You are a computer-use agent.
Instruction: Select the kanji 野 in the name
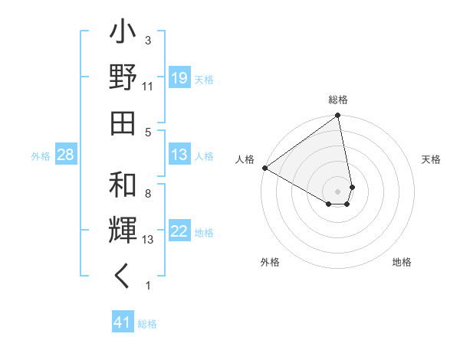pyautogui.click(x=123, y=77)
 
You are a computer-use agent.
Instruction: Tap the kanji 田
pyautogui.click(x=123, y=122)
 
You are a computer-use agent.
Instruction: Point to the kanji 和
pyautogui.click(x=123, y=185)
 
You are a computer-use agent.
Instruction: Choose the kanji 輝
pyautogui.click(x=123, y=231)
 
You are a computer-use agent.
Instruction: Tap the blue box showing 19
pyautogui.click(x=179, y=78)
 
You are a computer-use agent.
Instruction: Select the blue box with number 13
pyautogui.click(x=179, y=155)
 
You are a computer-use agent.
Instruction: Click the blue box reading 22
pyautogui.click(x=179, y=232)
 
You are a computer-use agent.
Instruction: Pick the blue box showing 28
pyautogui.click(x=66, y=155)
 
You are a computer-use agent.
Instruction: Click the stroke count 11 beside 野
pyautogui.click(x=148, y=87)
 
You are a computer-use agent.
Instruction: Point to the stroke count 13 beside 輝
pyautogui.click(x=148, y=240)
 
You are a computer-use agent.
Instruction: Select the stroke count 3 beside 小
pyautogui.click(x=148, y=40)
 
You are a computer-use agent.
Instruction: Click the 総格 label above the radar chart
pyautogui.click(x=338, y=100)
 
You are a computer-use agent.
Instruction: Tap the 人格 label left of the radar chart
pyautogui.click(x=245, y=159)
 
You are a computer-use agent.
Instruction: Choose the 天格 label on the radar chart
pyautogui.click(x=431, y=159)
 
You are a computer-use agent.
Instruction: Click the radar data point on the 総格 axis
pyautogui.click(x=338, y=116)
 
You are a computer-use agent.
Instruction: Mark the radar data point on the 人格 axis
pyautogui.click(x=264, y=167)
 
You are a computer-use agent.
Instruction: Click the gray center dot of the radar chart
pyautogui.click(x=338, y=190)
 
